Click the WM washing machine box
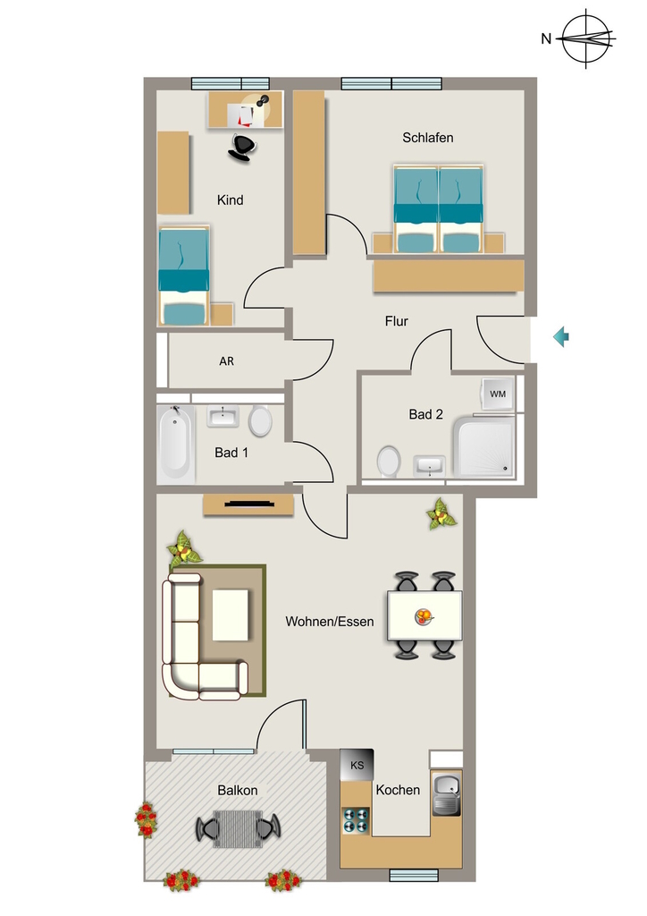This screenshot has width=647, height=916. [498, 394]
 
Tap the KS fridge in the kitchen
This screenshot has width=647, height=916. [357, 765]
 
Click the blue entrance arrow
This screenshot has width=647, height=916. [561, 337]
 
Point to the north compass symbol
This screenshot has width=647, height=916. [587, 38]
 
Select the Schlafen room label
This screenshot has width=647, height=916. [428, 138]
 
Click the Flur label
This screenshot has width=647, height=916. [396, 321]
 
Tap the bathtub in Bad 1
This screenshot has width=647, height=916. [176, 444]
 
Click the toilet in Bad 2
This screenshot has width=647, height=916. [389, 462]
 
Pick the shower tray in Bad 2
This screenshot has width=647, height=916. [485, 447]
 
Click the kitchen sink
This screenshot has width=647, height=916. [446, 794]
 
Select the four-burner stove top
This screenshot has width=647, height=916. [356, 820]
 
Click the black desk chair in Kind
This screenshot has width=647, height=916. [242, 147]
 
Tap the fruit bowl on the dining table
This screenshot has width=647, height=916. [424, 615]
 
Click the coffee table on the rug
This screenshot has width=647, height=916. [231, 615]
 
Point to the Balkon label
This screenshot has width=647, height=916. [238, 791]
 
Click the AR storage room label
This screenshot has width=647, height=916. [226, 361]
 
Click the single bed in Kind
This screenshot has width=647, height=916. [184, 276]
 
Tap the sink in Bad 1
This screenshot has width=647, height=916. [223, 417]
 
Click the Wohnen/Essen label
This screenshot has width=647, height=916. [330, 622]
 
